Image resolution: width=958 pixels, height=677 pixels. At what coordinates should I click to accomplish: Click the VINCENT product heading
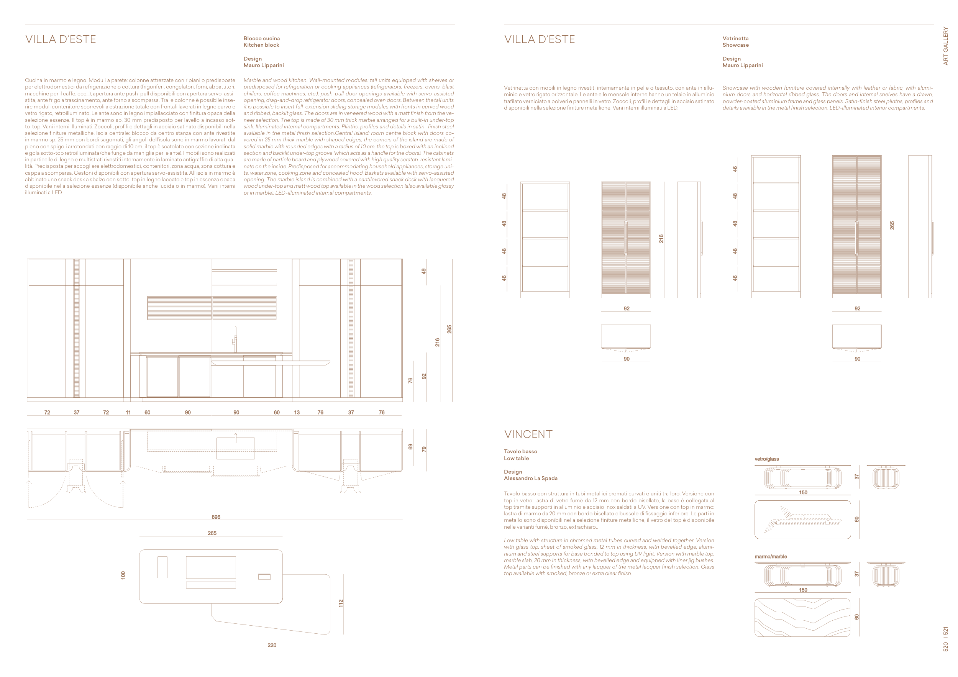528,434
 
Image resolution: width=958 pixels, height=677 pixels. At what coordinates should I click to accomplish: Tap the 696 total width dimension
216,517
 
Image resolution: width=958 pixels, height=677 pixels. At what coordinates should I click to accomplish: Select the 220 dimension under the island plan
272,645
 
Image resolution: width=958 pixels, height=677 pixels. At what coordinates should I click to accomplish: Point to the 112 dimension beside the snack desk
341,603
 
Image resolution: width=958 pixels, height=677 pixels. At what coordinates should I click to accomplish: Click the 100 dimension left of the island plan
123,575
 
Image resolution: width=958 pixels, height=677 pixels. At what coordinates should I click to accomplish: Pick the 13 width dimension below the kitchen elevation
297,412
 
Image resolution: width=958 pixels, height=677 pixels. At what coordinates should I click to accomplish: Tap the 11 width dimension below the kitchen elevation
128,412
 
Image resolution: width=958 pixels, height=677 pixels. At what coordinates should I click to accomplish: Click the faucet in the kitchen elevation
235,339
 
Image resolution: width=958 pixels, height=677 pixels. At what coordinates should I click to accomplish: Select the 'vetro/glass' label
766,459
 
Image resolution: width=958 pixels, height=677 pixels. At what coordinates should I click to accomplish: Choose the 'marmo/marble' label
771,556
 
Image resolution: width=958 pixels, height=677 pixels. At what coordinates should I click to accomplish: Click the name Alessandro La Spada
530,478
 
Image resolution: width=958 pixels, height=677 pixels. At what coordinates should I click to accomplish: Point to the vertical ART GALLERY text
945,46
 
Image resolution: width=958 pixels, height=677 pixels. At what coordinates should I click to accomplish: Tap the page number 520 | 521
945,639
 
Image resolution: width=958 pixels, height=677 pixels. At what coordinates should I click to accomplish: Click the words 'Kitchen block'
261,45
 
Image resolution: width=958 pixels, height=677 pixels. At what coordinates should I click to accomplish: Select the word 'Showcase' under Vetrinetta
736,45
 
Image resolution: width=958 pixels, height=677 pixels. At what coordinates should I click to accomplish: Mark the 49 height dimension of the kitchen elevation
423,271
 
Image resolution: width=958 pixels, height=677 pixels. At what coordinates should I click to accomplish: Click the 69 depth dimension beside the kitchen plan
410,446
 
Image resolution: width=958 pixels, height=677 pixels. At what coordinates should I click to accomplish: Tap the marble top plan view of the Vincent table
802,617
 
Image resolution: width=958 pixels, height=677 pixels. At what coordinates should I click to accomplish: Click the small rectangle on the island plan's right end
264,577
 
